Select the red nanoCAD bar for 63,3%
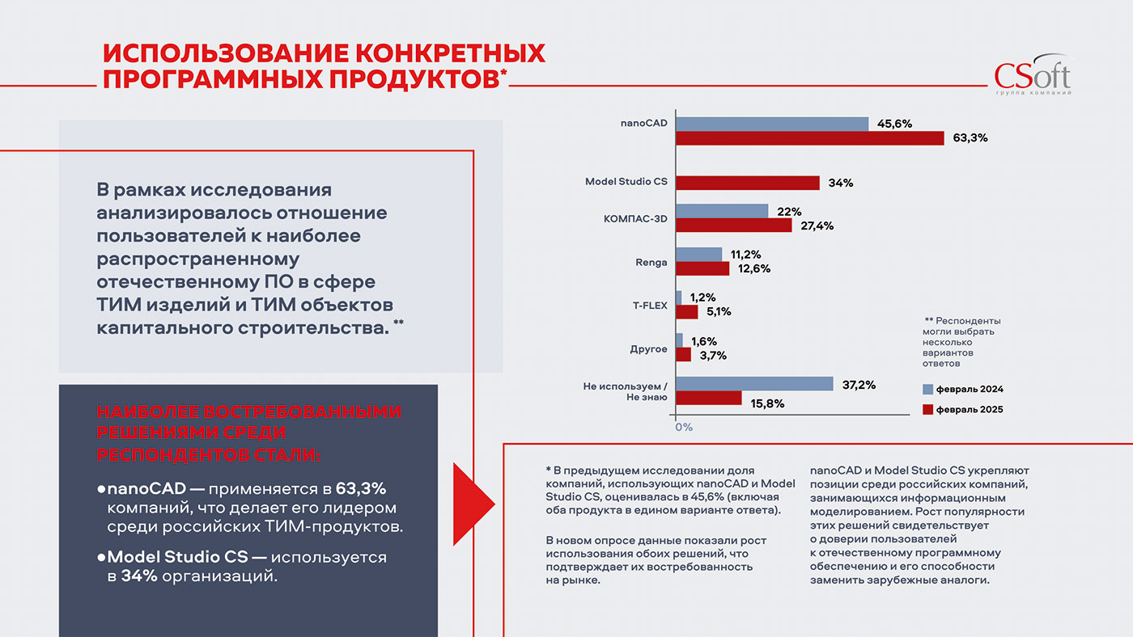click(x=809, y=138)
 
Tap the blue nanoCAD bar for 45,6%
click(x=772, y=124)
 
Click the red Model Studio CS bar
click(x=747, y=183)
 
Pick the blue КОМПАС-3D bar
click(x=722, y=211)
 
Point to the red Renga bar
click(x=702, y=268)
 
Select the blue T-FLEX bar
click(x=679, y=297)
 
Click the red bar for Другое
click(x=684, y=355)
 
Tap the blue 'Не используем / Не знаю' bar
click(x=754, y=384)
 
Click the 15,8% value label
click(x=767, y=403)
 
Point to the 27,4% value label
click(x=817, y=226)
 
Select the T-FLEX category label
click(x=650, y=306)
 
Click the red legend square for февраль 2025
click(x=927, y=409)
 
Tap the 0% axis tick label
click(x=683, y=426)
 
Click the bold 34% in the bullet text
click(x=139, y=576)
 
